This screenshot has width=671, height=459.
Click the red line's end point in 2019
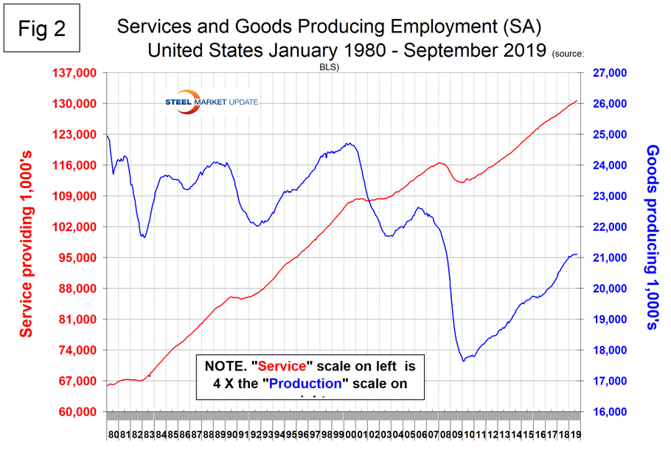tap(577, 100)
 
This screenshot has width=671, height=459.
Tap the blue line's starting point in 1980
tap(107, 136)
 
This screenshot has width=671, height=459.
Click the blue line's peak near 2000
tap(350, 143)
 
